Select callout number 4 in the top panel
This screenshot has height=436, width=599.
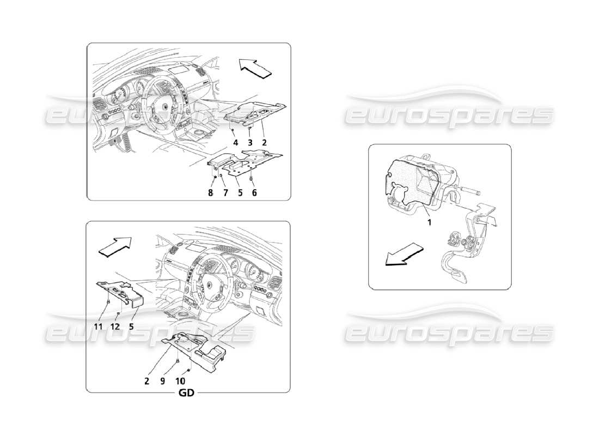236,142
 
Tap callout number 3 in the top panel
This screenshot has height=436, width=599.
250,142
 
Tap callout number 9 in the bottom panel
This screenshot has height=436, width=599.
162,381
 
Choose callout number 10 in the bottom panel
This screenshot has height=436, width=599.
180,381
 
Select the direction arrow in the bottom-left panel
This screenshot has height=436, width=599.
115,246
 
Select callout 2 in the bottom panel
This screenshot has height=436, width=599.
146,381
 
